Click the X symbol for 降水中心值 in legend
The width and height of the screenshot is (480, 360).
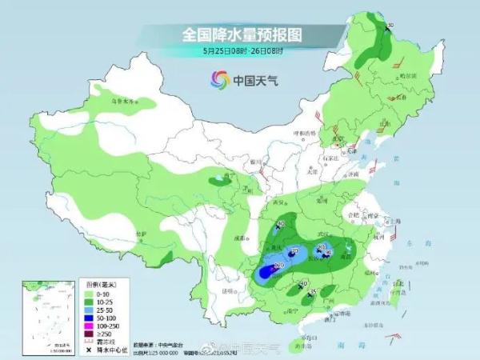coord(89,350)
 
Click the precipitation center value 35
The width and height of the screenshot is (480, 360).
coord(313,292)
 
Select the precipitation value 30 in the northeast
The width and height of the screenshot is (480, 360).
coord(390,26)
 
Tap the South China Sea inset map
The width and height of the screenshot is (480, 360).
coord(42,315)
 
